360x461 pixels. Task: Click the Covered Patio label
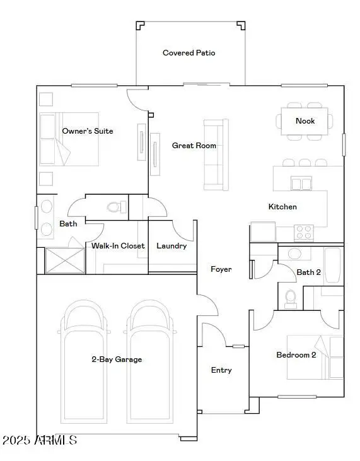189,53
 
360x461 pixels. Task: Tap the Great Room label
194,146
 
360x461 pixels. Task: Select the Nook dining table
305,121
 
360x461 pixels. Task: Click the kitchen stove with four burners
304,232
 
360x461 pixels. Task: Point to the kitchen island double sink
301,184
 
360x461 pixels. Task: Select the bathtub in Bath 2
333,266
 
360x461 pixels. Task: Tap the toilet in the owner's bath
117,207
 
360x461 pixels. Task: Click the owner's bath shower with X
65,260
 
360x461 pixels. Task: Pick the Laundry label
171,246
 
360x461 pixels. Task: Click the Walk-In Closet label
118,246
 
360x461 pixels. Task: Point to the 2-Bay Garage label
117,359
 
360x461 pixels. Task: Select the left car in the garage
84,361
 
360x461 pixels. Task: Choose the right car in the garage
150,361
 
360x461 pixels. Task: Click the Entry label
221,370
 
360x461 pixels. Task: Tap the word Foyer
221,269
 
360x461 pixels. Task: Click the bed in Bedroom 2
315,357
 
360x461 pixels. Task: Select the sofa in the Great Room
216,155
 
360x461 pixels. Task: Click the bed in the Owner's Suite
69,139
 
